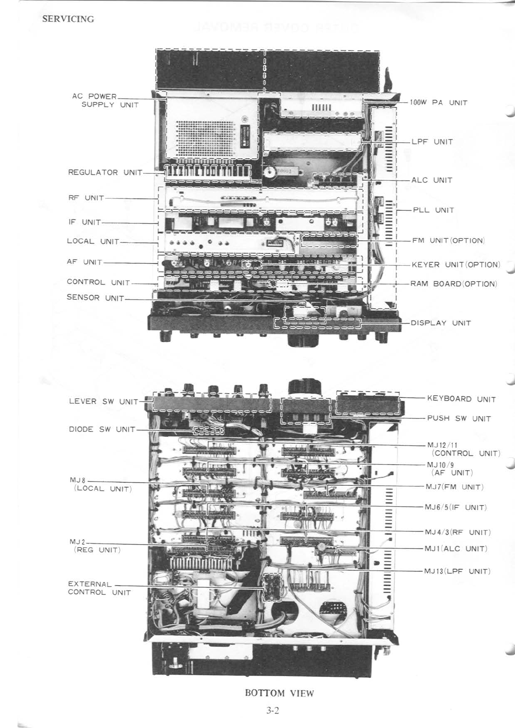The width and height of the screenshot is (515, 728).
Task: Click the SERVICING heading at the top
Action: pyautogui.click(x=68, y=19)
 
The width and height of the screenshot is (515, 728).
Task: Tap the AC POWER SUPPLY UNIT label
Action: pyautogui.click(x=105, y=100)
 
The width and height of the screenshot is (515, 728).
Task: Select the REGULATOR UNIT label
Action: pyautogui.click(x=105, y=172)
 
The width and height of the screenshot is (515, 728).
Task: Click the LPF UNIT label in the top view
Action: pyautogui.click(x=432, y=141)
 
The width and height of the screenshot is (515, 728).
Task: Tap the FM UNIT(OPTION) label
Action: pyautogui.click(x=448, y=240)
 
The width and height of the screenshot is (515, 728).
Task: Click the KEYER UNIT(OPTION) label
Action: pyautogui.click(x=455, y=264)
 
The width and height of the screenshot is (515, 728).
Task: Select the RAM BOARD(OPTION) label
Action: pyautogui.click(x=454, y=284)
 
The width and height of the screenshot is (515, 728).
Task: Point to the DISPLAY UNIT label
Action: pyautogui.click(x=441, y=323)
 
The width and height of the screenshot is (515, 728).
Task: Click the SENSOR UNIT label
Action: pyautogui.click(x=95, y=298)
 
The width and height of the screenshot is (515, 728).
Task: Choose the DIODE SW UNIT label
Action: pyautogui.click(x=102, y=430)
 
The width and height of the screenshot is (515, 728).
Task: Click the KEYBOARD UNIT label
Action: pyautogui.click(x=461, y=399)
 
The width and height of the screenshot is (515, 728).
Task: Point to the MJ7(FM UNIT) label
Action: pyautogui.click(x=454, y=487)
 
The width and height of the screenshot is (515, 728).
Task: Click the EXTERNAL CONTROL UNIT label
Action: pyautogui.click(x=99, y=588)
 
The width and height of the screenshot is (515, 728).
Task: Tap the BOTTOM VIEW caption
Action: pyautogui.click(x=279, y=693)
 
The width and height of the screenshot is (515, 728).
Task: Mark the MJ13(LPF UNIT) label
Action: pyautogui.click(x=457, y=571)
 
